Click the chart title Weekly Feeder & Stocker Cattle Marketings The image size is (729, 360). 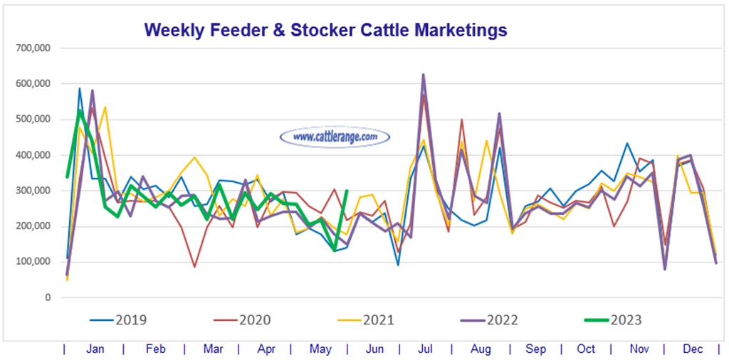[x=325, y=30]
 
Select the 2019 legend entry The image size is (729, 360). [x=119, y=320]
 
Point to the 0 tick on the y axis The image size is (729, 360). [x=46, y=297]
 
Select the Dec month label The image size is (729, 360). [x=692, y=349]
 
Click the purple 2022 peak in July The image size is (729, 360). [x=424, y=74]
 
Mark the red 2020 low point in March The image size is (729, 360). [x=194, y=267]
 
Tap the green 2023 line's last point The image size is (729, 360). [x=347, y=191]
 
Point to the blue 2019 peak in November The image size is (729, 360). [x=626, y=143]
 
